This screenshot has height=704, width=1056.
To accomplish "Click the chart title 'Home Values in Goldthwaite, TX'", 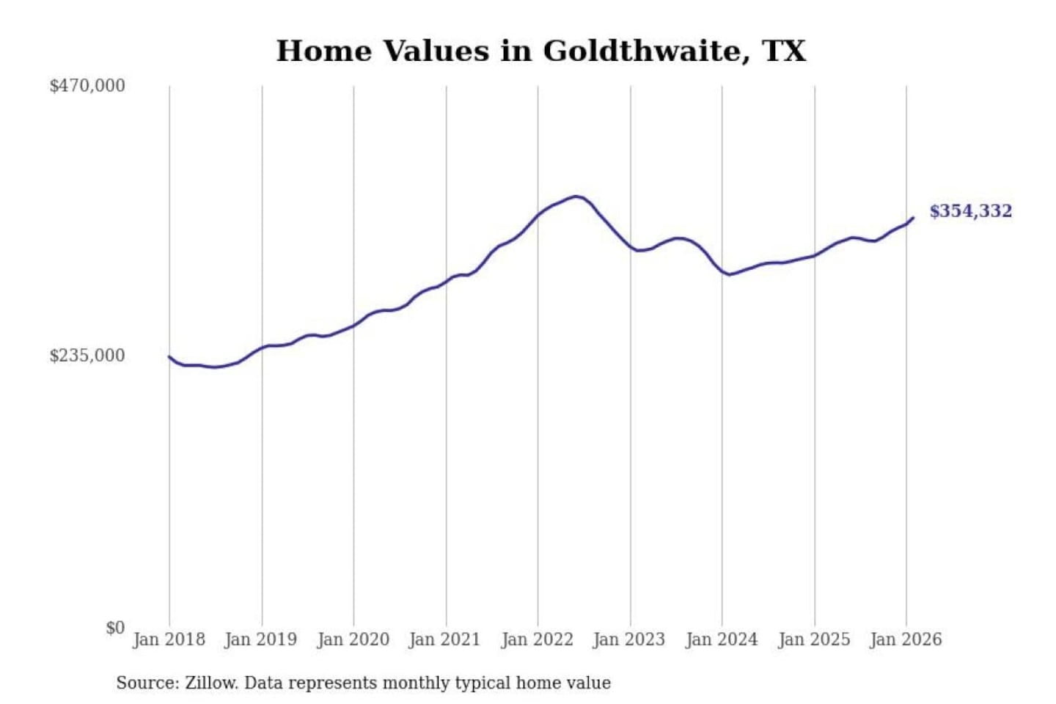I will [x=540, y=51].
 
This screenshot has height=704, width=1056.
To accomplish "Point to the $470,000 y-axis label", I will [x=87, y=86].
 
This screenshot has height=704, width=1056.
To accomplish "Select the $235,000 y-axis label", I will [x=87, y=356].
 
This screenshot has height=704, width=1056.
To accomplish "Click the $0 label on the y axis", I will [x=115, y=628].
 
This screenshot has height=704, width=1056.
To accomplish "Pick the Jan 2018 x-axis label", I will [x=169, y=639].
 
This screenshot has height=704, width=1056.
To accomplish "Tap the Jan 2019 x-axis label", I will [x=260, y=639].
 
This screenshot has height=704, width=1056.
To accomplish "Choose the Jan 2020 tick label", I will [x=353, y=639].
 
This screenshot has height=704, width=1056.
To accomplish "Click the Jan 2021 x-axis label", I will [x=444, y=639].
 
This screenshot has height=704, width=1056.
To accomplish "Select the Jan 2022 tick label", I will [x=537, y=639].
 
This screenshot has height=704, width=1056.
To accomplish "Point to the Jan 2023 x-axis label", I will [x=628, y=639].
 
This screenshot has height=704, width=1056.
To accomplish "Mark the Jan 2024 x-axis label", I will [x=721, y=639].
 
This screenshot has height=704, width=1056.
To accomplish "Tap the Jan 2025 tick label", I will [x=813, y=639].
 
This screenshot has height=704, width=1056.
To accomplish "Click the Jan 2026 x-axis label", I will [x=905, y=639].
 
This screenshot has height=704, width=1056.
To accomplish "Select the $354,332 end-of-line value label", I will [x=970, y=211].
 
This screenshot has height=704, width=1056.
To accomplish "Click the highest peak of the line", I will [x=577, y=197].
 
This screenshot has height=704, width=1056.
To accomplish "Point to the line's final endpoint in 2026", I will [x=913, y=218].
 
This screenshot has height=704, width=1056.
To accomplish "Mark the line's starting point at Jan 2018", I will [x=169, y=356].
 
